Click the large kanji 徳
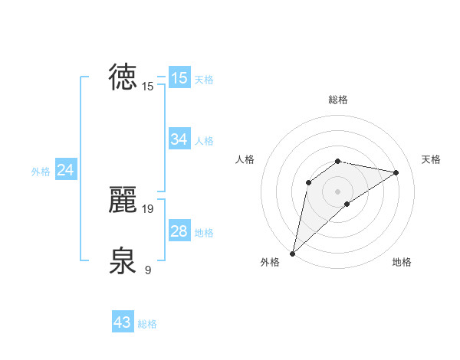point(124,77)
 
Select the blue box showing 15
point(179,78)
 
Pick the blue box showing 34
point(179,139)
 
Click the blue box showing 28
point(179,231)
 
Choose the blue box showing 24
point(65,170)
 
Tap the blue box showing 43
point(123,322)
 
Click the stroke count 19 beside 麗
point(149,208)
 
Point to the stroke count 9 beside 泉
point(147,270)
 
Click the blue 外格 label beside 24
point(41,172)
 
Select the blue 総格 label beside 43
point(147,324)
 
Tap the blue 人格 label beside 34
point(204,141)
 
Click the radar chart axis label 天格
point(431,159)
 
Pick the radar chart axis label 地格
point(402,262)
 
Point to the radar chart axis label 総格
point(338,100)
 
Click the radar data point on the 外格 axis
point(292,253)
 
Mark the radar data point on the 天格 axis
point(396,172)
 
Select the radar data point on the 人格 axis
point(308,182)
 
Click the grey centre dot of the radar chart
point(338,191)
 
